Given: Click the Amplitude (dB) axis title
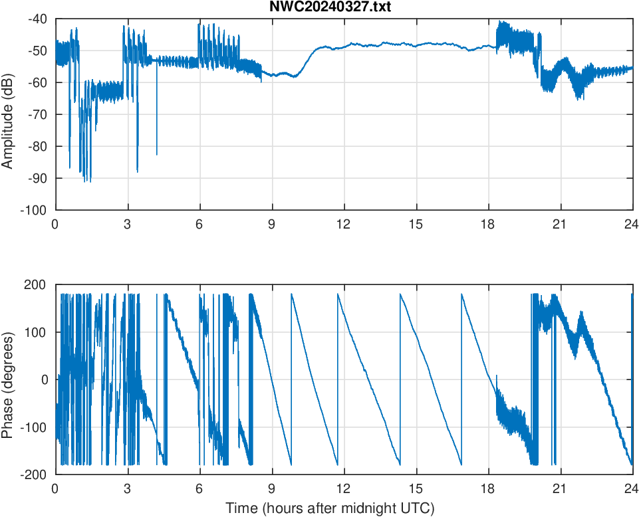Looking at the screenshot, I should [8, 114].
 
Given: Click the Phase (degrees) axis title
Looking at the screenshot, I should [8, 379].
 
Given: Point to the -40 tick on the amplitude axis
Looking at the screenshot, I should [38, 19].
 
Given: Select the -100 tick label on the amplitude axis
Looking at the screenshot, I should [35, 210].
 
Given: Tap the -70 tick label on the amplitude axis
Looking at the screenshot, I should [38, 114].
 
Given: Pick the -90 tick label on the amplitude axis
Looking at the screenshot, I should [38, 178].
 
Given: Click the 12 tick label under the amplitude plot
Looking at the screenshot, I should [344, 224].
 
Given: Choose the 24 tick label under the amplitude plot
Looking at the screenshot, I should [632, 224].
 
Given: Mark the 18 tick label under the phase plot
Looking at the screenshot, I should [488, 488].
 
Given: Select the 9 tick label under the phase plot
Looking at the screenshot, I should [272, 488].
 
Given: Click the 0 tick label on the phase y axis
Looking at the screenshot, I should [45, 379].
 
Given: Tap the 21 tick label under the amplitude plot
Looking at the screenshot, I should [560, 224].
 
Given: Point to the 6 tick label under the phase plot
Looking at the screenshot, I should [199, 488].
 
